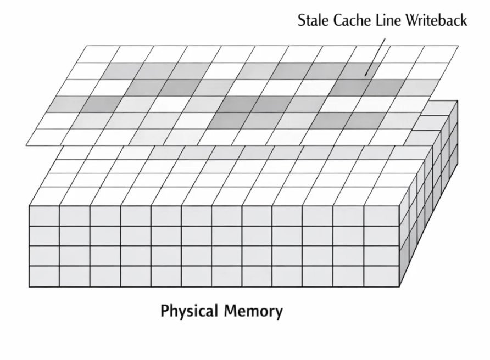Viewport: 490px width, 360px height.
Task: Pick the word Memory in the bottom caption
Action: click(253, 312)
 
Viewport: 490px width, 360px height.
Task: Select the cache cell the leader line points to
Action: click(360, 70)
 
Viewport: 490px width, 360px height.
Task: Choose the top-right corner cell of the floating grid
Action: click(438, 54)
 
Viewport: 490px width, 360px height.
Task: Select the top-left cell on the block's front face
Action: click(44, 216)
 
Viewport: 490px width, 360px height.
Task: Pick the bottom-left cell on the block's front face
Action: click(44, 276)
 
